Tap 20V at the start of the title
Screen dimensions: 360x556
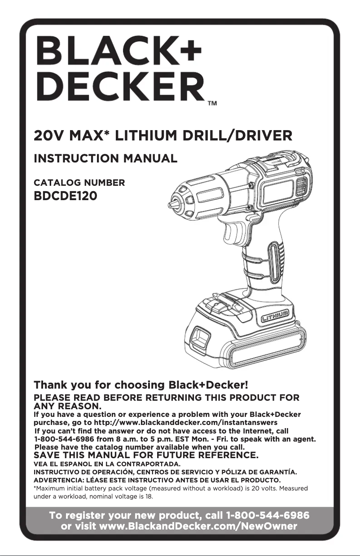tap(48, 135)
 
